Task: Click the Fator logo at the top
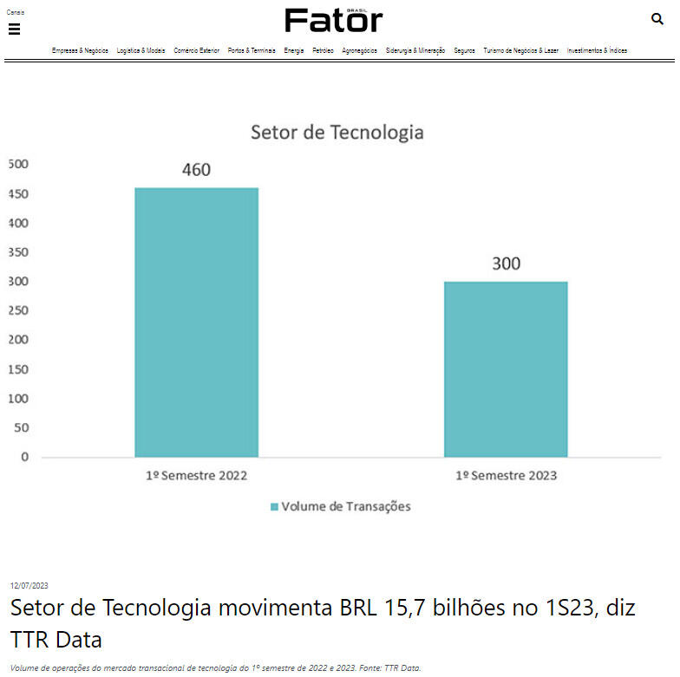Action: [333, 20]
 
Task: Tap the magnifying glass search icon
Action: [657, 19]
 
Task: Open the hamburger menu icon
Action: [14, 29]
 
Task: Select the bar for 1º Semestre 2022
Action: [196, 322]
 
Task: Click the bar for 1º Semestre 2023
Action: [506, 368]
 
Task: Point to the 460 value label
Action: [196, 170]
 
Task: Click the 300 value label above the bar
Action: [506, 264]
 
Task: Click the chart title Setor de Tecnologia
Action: [337, 133]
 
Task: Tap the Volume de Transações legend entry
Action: [340, 506]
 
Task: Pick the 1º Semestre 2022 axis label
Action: [196, 475]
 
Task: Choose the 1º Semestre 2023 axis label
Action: [506, 475]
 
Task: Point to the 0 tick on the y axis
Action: [24, 457]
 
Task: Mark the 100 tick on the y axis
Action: [18, 398]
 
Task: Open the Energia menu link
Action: [294, 51]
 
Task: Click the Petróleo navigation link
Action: [323, 51]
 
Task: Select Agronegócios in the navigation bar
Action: [359, 51]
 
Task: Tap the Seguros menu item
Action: [464, 51]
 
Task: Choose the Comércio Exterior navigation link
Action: [196, 51]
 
